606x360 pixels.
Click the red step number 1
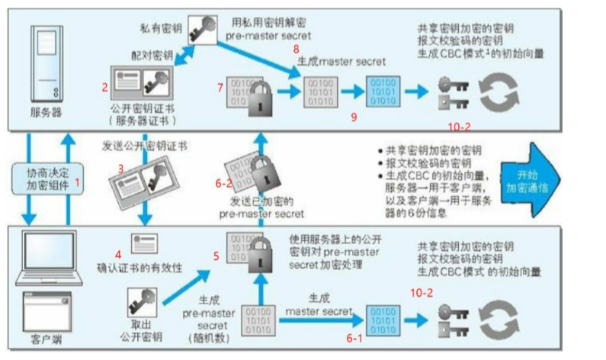click(x=76, y=183)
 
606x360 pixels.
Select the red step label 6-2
click(x=222, y=183)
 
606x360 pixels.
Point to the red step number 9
click(x=353, y=117)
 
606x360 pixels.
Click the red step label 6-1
click(x=354, y=336)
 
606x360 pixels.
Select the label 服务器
click(x=46, y=114)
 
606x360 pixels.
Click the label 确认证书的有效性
click(x=139, y=268)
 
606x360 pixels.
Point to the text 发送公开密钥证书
click(x=146, y=145)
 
